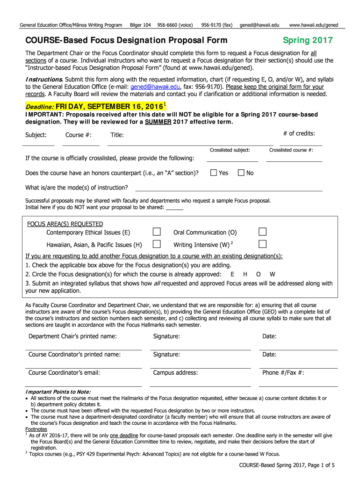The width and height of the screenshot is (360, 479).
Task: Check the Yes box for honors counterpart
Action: [214, 173]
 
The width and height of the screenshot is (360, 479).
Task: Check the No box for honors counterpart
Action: [241, 173]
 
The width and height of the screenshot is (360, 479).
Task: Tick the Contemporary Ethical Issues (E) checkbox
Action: [157, 232]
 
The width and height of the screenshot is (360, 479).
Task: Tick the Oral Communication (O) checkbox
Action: [263, 232]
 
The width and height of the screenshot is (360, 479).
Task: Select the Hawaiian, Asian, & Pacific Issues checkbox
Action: [157, 244]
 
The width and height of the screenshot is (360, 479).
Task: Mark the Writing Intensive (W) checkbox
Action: [263, 244]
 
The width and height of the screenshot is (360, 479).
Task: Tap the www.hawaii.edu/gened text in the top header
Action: [314, 25]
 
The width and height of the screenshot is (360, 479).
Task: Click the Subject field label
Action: [36, 135]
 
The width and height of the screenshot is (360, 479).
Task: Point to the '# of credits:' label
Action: [299, 134]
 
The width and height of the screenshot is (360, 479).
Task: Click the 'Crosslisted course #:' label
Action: [291, 150]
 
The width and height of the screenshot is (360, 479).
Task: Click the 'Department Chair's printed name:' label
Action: [72, 336]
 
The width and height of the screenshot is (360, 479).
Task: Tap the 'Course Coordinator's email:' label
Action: [64, 373]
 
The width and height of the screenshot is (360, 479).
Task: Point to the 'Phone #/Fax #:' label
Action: [283, 373]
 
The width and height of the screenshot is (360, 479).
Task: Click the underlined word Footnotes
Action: [36, 429]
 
